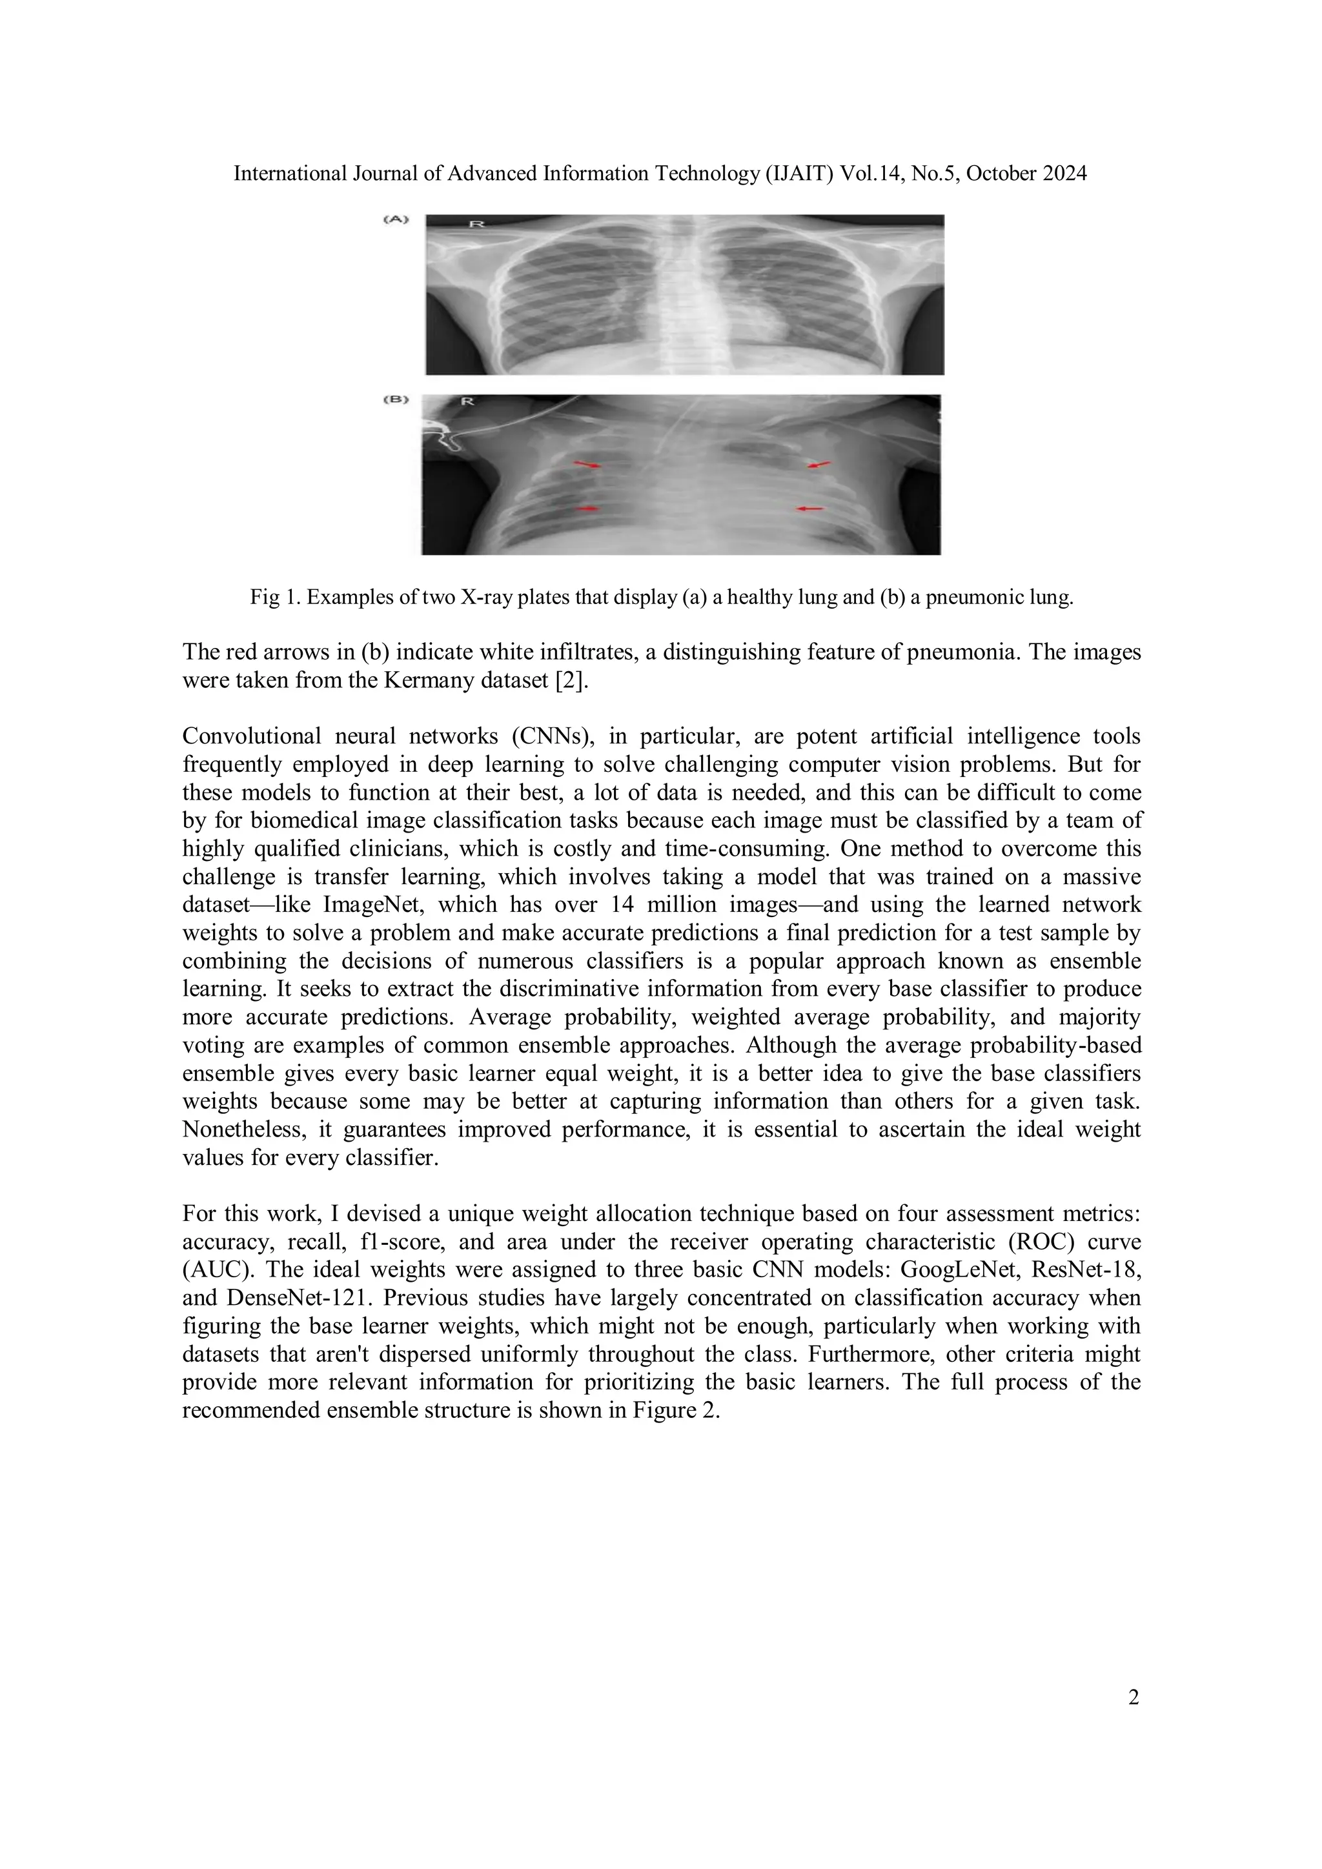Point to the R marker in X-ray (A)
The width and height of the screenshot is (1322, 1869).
coord(477,223)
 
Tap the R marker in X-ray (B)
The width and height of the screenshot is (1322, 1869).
coord(467,401)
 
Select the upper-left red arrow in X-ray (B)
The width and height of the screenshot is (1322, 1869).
coord(588,465)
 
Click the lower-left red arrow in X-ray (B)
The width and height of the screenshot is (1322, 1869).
coord(587,509)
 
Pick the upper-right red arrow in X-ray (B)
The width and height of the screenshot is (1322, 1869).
coord(819,464)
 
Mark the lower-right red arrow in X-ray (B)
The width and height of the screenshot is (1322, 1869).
coord(809,509)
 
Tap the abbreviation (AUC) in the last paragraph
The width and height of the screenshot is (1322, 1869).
coord(215,1271)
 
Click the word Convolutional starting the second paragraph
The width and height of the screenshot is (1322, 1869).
coord(247,736)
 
